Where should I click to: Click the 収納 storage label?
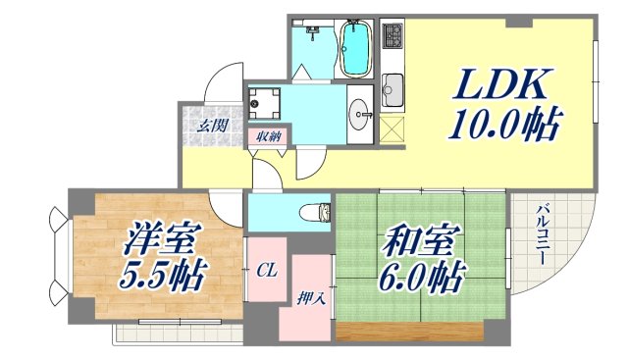[269, 137]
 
